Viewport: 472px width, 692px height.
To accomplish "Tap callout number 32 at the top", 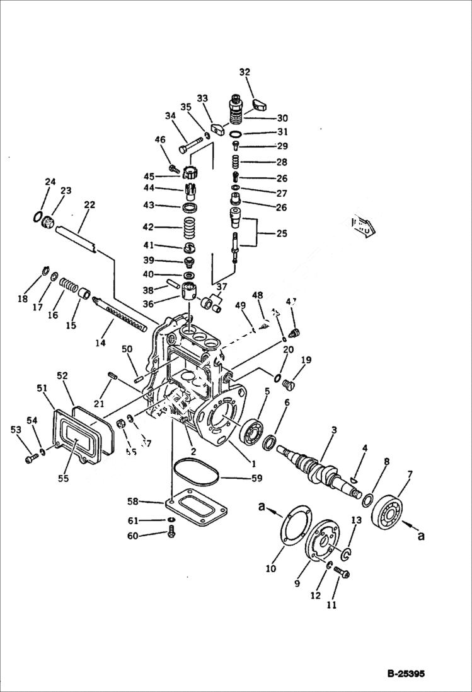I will tap(245, 72).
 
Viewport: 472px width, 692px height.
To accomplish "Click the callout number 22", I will tap(89, 205).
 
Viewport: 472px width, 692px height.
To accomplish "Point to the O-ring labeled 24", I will tap(37, 217).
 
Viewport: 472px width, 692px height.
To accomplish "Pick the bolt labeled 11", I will tap(341, 572).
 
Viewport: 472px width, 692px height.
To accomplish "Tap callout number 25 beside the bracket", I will tap(281, 233).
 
